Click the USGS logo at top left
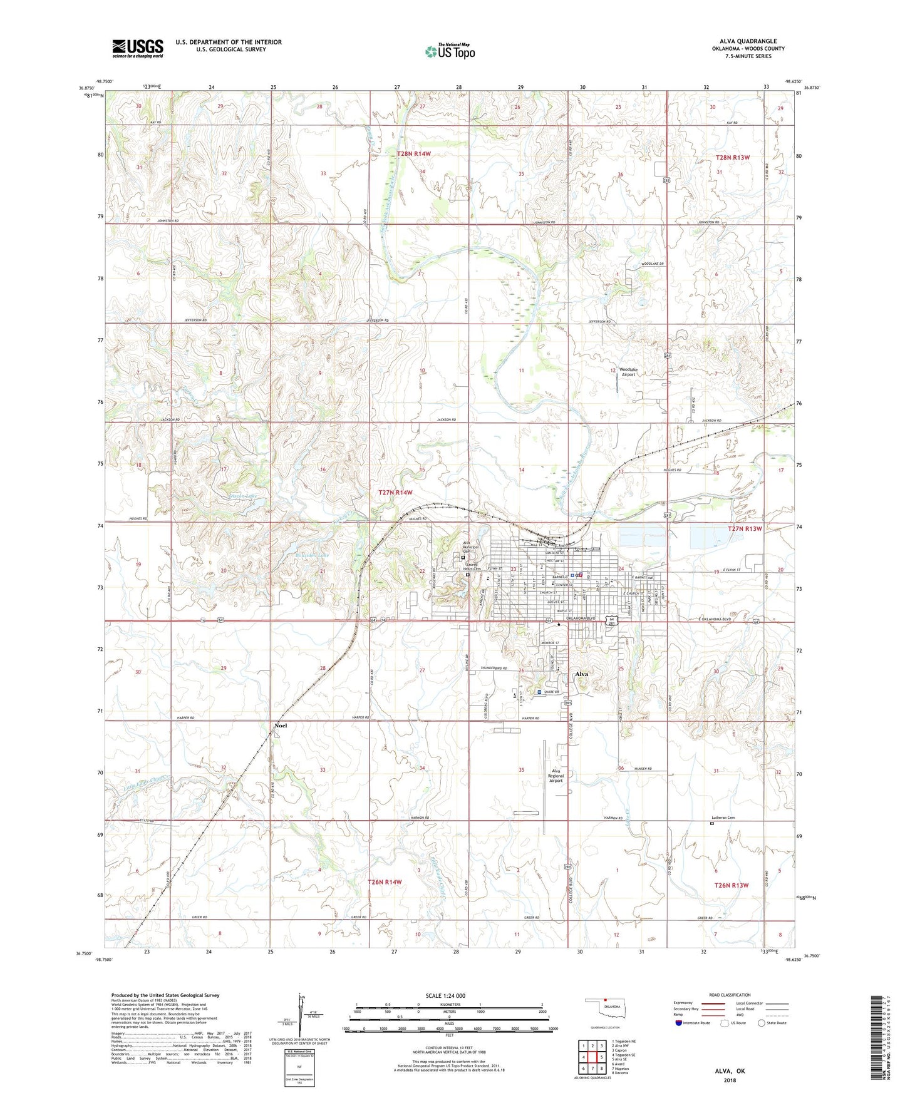[x=138, y=48]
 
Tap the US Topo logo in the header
[x=450, y=51]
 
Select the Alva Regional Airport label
[x=556, y=776]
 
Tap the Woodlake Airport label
[x=628, y=372]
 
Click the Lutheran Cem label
[x=722, y=818]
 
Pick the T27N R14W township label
[x=395, y=493]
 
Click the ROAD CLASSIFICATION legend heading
[x=731, y=995]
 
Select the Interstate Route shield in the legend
[x=679, y=1023]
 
